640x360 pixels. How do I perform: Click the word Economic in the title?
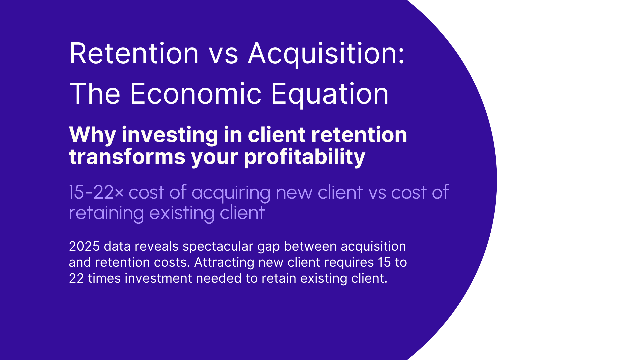coord(195,94)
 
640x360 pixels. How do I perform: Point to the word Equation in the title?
coord(329,94)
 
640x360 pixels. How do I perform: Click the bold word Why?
coord(92,135)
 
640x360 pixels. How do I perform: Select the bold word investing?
coord(170,135)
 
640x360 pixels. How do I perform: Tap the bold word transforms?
coord(127,157)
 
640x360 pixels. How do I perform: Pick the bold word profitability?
coord(305,157)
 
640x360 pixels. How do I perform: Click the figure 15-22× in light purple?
coord(96,192)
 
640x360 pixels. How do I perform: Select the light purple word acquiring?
coord(231,192)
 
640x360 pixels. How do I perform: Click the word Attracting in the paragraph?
coord(224,262)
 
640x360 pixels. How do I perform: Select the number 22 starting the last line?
coord(76,278)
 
